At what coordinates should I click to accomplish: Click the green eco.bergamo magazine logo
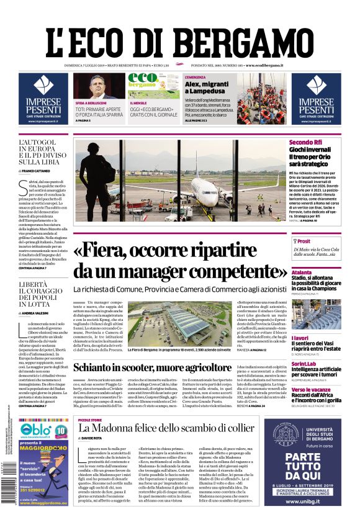coord(143,81)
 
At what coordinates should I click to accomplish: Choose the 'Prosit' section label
coord(304,241)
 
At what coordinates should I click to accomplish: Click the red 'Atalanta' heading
coord(302,272)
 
